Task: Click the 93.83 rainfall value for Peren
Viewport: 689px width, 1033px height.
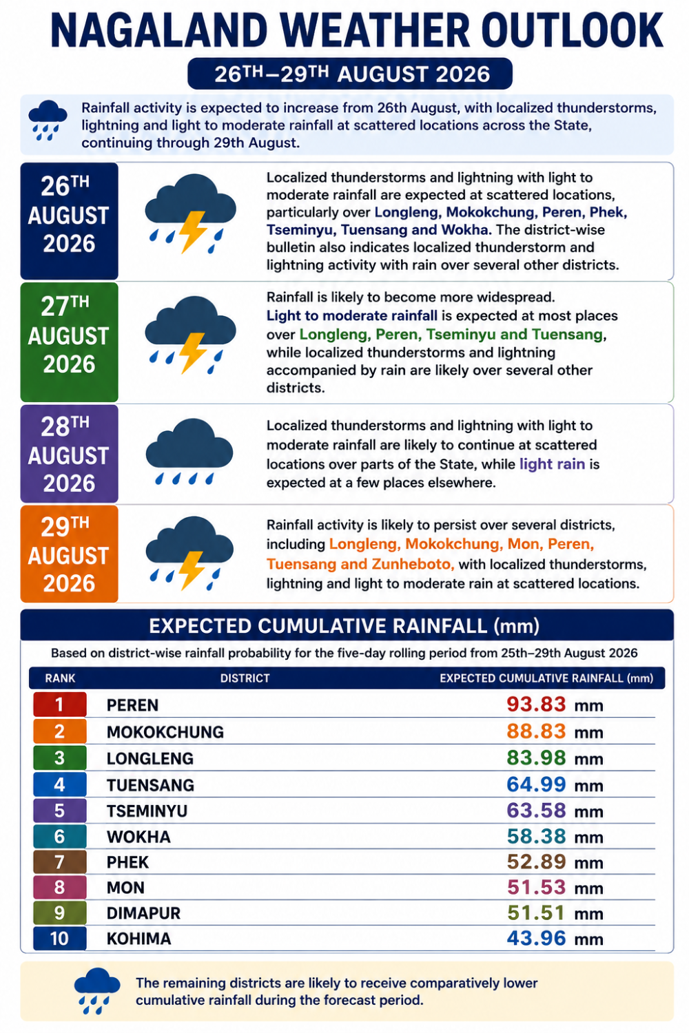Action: point(536,705)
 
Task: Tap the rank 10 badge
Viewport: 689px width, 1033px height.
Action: point(59,939)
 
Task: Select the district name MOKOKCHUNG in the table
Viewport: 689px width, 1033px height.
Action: point(165,732)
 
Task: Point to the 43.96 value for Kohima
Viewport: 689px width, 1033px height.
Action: point(536,938)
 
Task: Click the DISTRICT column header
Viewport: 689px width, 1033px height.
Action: point(245,678)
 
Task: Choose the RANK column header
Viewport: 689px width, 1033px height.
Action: point(60,678)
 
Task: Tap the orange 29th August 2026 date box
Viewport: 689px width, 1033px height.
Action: point(69,554)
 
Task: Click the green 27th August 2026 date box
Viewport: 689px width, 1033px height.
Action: point(69,342)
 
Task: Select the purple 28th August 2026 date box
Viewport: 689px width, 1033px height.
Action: point(69,454)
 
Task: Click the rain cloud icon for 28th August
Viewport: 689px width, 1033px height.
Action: point(189,451)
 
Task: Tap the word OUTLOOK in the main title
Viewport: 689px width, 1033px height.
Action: point(572,30)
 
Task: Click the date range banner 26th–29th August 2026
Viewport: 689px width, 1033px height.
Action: point(350,74)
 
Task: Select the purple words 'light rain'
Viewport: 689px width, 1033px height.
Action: point(552,464)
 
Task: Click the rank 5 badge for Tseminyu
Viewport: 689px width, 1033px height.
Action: point(59,811)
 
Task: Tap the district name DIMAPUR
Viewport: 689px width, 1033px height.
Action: point(143,913)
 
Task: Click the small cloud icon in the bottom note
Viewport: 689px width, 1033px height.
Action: point(97,990)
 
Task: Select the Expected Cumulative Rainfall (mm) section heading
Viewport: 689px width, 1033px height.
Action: point(344,626)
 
